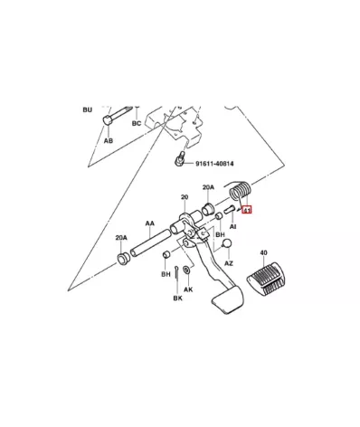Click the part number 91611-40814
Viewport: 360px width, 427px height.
(214, 164)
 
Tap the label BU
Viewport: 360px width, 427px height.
(88, 109)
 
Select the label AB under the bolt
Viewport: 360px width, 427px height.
(109, 140)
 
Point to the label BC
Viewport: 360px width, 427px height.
(137, 123)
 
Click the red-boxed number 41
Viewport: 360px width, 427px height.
(247, 210)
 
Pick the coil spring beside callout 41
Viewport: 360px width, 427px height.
(240, 192)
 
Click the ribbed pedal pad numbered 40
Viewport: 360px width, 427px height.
(265, 279)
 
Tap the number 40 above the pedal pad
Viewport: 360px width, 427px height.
(263, 252)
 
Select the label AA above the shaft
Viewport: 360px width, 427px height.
(150, 223)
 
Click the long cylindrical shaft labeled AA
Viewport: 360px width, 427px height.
(150, 242)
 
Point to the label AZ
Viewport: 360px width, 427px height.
(229, 263)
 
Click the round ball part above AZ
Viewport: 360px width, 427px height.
(227, 243)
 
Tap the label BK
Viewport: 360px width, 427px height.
(177, 298)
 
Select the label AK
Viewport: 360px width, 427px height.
(188, 289)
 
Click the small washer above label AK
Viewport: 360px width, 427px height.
(186, 270)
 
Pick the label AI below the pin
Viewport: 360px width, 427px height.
(233, 226)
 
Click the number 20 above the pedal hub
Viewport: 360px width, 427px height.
(185, 197)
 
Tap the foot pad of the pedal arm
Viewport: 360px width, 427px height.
(228, 299)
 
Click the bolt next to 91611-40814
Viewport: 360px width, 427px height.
(179, 158)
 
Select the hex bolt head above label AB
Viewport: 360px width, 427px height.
(108, 120)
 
